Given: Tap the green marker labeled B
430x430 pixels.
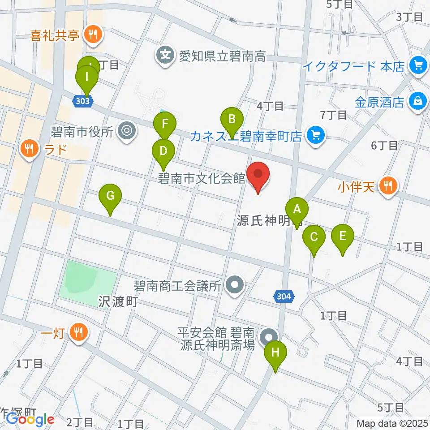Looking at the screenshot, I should point(232,119).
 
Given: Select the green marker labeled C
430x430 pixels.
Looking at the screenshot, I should point(314,236).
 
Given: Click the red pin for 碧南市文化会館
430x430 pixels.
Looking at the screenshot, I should point(258,174).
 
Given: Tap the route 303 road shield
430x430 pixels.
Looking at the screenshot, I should point(82,101).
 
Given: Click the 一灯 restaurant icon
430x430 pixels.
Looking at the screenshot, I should point(80,332).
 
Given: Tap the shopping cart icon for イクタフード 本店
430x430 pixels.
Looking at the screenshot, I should point(418,66).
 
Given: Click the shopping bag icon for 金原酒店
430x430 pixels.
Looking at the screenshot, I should point(418,101).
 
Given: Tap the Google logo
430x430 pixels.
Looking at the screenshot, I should point(30,419).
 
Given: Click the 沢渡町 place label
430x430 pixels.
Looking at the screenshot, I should point(117,301).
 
